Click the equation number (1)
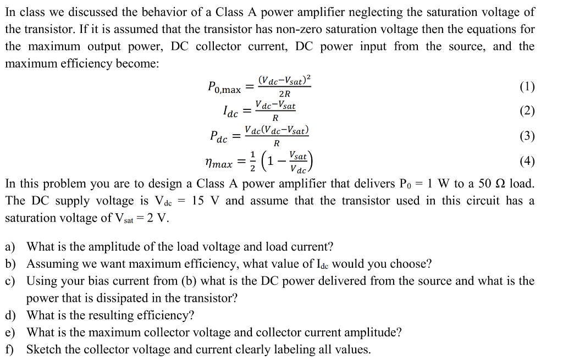(x=527, y=87)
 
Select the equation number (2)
(x=527, y=111)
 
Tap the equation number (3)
(x=527, y=136)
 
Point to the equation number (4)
(x=527, y=161)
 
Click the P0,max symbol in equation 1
(x=224, y=87)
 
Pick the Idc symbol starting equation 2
(x=230, y=112)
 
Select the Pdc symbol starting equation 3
(x=218, y=136)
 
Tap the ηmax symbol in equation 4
(x=218, y=163)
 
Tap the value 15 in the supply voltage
(x=199, y=200)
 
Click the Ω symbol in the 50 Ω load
(x=499, y=183)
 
